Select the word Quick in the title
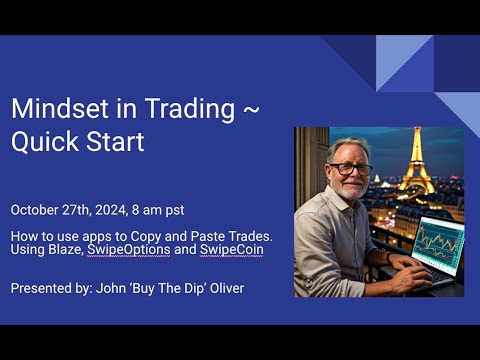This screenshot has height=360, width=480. point(42,142)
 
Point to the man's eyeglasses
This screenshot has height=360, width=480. point(350,168)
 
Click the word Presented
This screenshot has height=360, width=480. point(40,288)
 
